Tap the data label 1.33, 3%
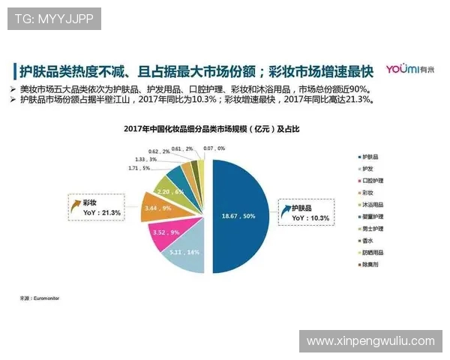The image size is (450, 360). [x=145, y=159]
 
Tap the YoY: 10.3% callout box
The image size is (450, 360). [x=307, y=212]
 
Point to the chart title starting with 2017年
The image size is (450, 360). [x=211, y=129]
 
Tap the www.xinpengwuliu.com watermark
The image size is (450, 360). [x=370, y=341]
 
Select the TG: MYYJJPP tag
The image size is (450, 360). [x=54, y=19]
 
